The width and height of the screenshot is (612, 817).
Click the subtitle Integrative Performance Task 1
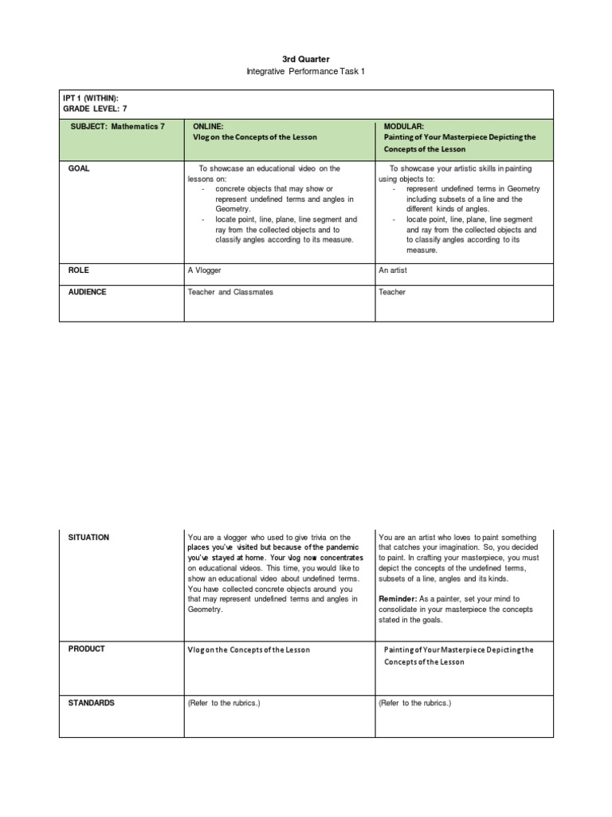point(306,73)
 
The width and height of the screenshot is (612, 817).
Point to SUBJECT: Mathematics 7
point(116,126)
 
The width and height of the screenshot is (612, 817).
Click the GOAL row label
point(80,168)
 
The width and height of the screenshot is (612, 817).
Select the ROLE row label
point(79,270)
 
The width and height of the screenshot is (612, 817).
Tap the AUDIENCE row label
point(88,292)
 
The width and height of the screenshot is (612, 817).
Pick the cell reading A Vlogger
point(205,270)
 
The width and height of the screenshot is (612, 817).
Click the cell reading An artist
point(394,270)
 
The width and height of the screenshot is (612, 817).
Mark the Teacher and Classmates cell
point(230,292)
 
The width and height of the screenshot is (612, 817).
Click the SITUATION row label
point(88,538)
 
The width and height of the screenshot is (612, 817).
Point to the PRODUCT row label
point(87,649)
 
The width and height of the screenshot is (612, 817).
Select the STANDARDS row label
point(92,703)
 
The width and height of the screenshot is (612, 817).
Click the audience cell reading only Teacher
point(392,292)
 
